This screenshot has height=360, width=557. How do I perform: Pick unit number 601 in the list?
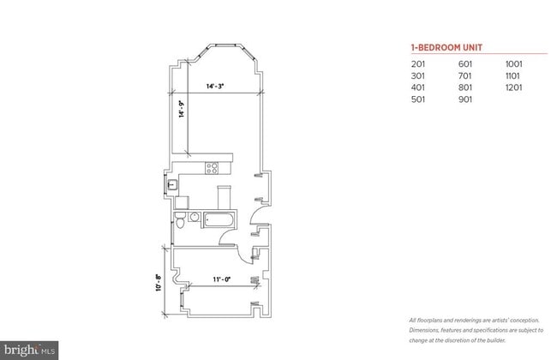click(465, 63)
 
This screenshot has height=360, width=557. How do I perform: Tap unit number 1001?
click(514, 63)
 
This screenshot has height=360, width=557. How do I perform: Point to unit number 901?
click(465, 99)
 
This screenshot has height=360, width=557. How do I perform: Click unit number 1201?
click(514, 87)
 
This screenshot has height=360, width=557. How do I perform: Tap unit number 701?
click(465, 75)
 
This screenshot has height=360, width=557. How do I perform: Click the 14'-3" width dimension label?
click(215, 86)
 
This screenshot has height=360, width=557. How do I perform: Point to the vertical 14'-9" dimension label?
click(182, 111)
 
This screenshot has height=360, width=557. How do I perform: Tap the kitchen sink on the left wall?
click(173, 183)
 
